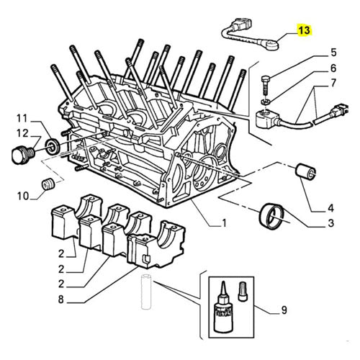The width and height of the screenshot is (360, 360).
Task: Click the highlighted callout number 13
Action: coord(305,30)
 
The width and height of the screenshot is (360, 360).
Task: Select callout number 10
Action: coord(21,194)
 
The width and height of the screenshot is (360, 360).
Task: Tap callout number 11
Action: coord(21,117)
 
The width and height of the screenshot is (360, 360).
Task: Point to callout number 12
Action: coord(21,132)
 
